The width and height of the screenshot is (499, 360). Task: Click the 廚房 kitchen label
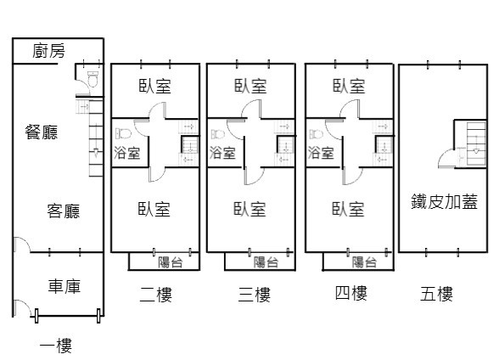click(x=48, y=51)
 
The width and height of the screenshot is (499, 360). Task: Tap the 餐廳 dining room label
click(x=42, y=132)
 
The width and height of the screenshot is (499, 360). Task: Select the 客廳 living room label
click(x=64, y=211)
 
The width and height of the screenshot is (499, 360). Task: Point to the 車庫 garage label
click(x=64, y=286)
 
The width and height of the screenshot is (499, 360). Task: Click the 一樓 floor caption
click(x=56, y=346)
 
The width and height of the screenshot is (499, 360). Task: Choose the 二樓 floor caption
click(x=156, y=295)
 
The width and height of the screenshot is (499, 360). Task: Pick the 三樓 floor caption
click(x=255, y=295)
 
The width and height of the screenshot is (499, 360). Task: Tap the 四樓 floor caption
click(x=351, y=293)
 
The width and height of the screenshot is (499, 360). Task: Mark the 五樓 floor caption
click(x=436, y=294)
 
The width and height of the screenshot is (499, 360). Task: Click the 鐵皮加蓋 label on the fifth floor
click(x=445, y=201)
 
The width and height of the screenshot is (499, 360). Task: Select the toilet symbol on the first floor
click(x=93, y=80)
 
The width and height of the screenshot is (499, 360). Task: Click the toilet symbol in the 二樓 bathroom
click(x=124, y=133)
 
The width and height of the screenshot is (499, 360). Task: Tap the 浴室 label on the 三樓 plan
click(x=222, y=153)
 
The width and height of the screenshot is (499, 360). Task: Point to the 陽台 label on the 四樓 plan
click(x=364, y=262)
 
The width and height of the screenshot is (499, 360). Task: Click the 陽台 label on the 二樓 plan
click(x=171, y=262)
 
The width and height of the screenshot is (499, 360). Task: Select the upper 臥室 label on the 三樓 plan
click(x=250, y=86)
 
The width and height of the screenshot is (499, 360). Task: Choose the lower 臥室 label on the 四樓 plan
click(x=348, y=209)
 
